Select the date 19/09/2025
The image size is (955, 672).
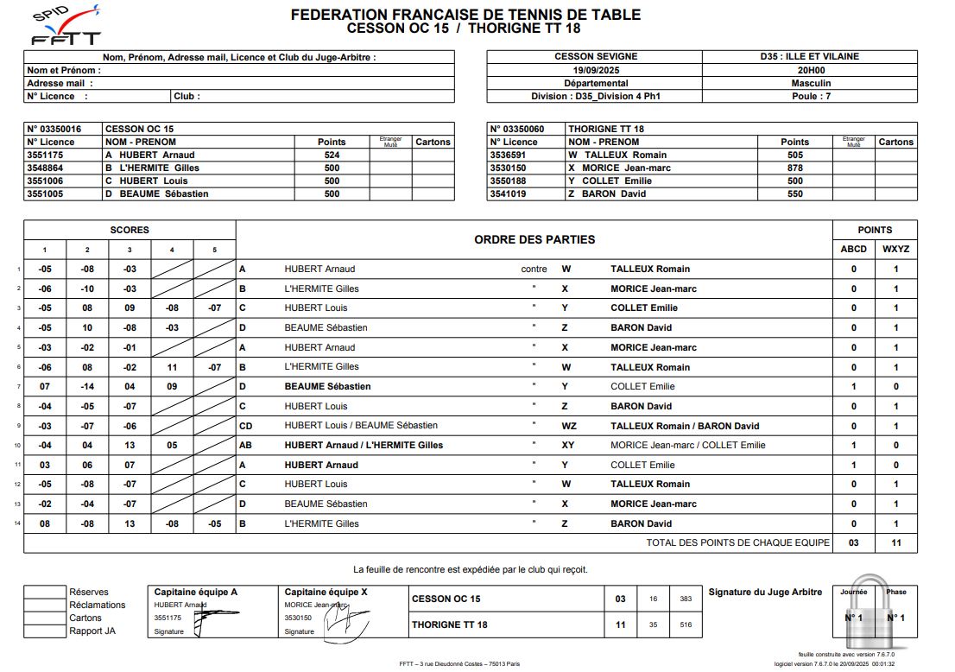tap(595, 70)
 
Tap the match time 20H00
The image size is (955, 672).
tap(810, 70)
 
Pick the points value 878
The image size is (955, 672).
tap(794, 168)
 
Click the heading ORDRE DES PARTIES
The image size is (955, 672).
tap(534, 239)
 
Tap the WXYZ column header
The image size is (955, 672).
tap(895, 249)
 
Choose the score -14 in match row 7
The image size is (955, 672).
tap(87, 386)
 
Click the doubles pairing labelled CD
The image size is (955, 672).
tap(245, 426)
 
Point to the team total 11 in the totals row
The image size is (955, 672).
tap(895, 543)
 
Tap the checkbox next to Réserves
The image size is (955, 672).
tap(45, 593)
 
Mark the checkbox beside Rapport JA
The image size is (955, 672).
tap(45, 631)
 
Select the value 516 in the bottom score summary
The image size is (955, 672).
tap(686, 624)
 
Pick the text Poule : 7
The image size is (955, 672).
tap(810, 97)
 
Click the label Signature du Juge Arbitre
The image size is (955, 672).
tap(765, 592)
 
